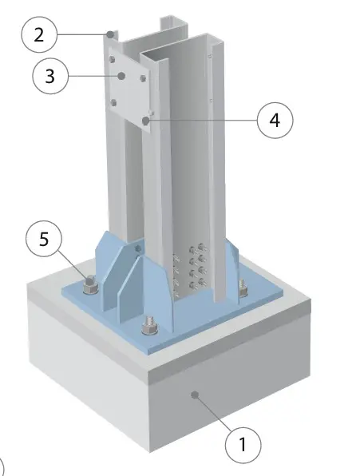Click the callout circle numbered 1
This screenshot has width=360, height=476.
point(243,445)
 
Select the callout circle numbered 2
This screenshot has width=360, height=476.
point(39,35)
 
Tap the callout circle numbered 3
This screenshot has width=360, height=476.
point(50,76)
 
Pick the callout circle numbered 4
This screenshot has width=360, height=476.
point(275,121)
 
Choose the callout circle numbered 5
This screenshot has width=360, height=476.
point(44,239)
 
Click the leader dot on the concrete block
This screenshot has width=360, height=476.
point(195,395)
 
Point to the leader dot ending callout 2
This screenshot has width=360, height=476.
point(111,34)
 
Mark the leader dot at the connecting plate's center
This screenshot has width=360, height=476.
point(121,76)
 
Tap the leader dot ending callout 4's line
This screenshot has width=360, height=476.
point(145,121)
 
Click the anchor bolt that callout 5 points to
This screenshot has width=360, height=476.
point(90,286)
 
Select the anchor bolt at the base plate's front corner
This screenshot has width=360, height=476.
point(150,326)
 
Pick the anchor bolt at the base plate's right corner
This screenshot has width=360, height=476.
point(243,288)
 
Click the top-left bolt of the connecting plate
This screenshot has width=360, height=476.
point(113,58)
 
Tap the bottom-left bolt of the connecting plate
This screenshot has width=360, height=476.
point(113,102)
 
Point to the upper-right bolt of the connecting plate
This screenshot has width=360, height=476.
point(143,78)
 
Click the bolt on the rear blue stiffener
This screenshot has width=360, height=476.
point(138,249)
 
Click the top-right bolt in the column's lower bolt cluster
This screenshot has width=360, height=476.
point(202,248)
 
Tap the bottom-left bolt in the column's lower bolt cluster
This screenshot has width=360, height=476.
point(193,285)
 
